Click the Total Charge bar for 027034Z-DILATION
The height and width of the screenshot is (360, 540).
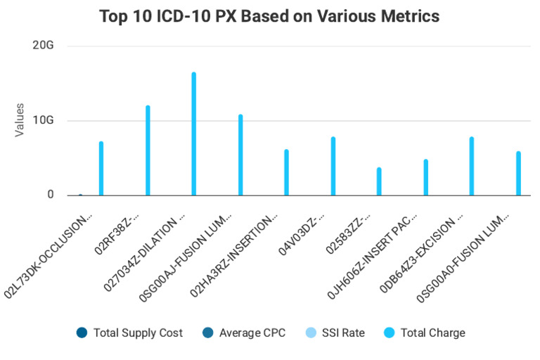tap(194, 134)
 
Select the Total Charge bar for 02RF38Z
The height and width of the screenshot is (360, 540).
tap(148, 150)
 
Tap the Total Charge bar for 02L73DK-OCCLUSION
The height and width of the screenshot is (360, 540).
tap(101, 169)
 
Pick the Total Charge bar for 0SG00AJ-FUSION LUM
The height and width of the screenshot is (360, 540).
tap(240, 155)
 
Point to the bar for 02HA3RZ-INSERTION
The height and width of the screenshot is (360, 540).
tap(287, 172)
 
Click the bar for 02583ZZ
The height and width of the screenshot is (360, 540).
tap(379, 181)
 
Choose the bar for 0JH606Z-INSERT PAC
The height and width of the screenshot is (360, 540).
tap(425, 177)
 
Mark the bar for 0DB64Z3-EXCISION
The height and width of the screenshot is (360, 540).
tap(472, 166)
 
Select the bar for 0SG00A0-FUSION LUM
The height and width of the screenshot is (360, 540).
tap(518, 173)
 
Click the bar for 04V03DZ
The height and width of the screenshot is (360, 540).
tap(333, 166)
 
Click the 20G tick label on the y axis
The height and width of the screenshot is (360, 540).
tap(44, 46)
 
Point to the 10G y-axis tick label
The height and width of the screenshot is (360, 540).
tap(44, 120)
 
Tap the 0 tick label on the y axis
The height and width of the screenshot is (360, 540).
tap(50, 195)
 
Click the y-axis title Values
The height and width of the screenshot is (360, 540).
tap(20, 120)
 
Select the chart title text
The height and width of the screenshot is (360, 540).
tap(269, 16)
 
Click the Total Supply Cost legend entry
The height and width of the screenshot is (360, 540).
tap(131, 333)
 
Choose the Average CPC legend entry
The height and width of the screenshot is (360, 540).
tap(244, 333)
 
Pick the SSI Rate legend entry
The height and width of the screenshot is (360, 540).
tap(336, 333)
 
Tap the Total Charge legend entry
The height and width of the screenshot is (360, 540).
tap(425, 333)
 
